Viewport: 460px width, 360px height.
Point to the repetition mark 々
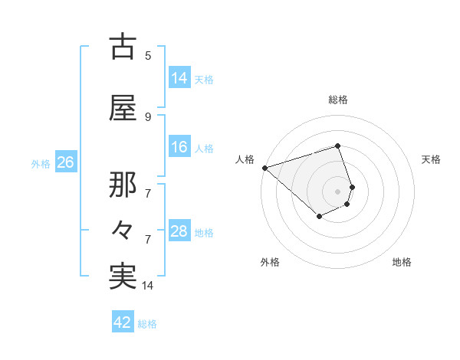(x=123, y=227)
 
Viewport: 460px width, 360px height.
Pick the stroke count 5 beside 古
(x=148, y=55)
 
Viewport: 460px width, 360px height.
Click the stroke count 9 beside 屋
(x=148, y=116)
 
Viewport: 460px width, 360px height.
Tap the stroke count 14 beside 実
(x=148, y=286)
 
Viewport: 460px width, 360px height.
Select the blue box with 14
(x=179, y=78)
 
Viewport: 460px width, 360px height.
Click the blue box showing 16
(x=179, y=147)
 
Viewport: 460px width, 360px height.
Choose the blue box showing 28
(x=179, y=231)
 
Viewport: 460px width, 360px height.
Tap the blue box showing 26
(x=65, y=162)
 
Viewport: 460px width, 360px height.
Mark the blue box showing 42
(x=123, y=322)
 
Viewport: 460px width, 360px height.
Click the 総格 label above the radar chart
(x=337, y=100)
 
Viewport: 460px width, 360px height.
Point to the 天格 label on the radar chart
(x=432, y=159)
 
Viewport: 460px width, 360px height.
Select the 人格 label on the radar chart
(x=245, y=159)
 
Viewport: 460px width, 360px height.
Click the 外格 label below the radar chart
(x=270, y=262)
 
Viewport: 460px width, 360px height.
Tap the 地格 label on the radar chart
(x=402, y=262)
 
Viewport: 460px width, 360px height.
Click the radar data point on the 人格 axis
(x=264, y=168)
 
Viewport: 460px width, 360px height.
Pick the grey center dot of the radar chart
(x=337, y=191)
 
